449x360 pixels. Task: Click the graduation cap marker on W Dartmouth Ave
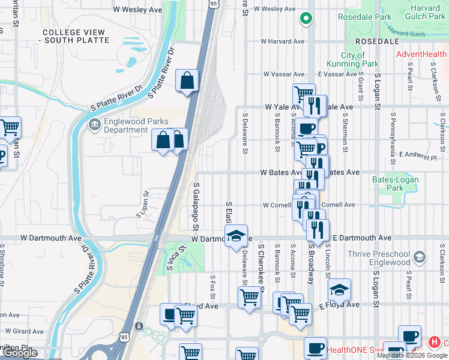[x=237, y=235]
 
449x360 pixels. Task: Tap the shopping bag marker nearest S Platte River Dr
[x=187, y=80]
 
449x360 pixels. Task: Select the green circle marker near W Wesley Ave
[x=306, y=19]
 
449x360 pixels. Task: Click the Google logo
[x=20, y=353]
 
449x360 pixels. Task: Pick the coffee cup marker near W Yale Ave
[x=306, y=128]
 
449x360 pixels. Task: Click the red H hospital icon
[x=434, y=343]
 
